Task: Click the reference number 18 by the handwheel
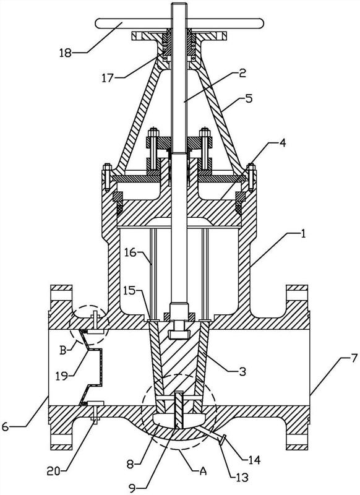pos(66,53)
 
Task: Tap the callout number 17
pos(107,77)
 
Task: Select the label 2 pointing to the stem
pos(242,74)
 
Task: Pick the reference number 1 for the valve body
pos(303,234)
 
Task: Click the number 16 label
pos(131,252)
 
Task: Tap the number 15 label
pos(131,290)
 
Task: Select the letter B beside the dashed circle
pos(63,350)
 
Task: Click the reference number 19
pos(62,376)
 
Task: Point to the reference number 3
pos(242,371)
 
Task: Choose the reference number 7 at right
pos(354,358)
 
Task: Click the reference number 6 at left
pos(6,426)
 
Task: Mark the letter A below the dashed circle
pos(203,471)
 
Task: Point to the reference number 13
pos(242,477)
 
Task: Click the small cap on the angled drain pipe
pos(222,440)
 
